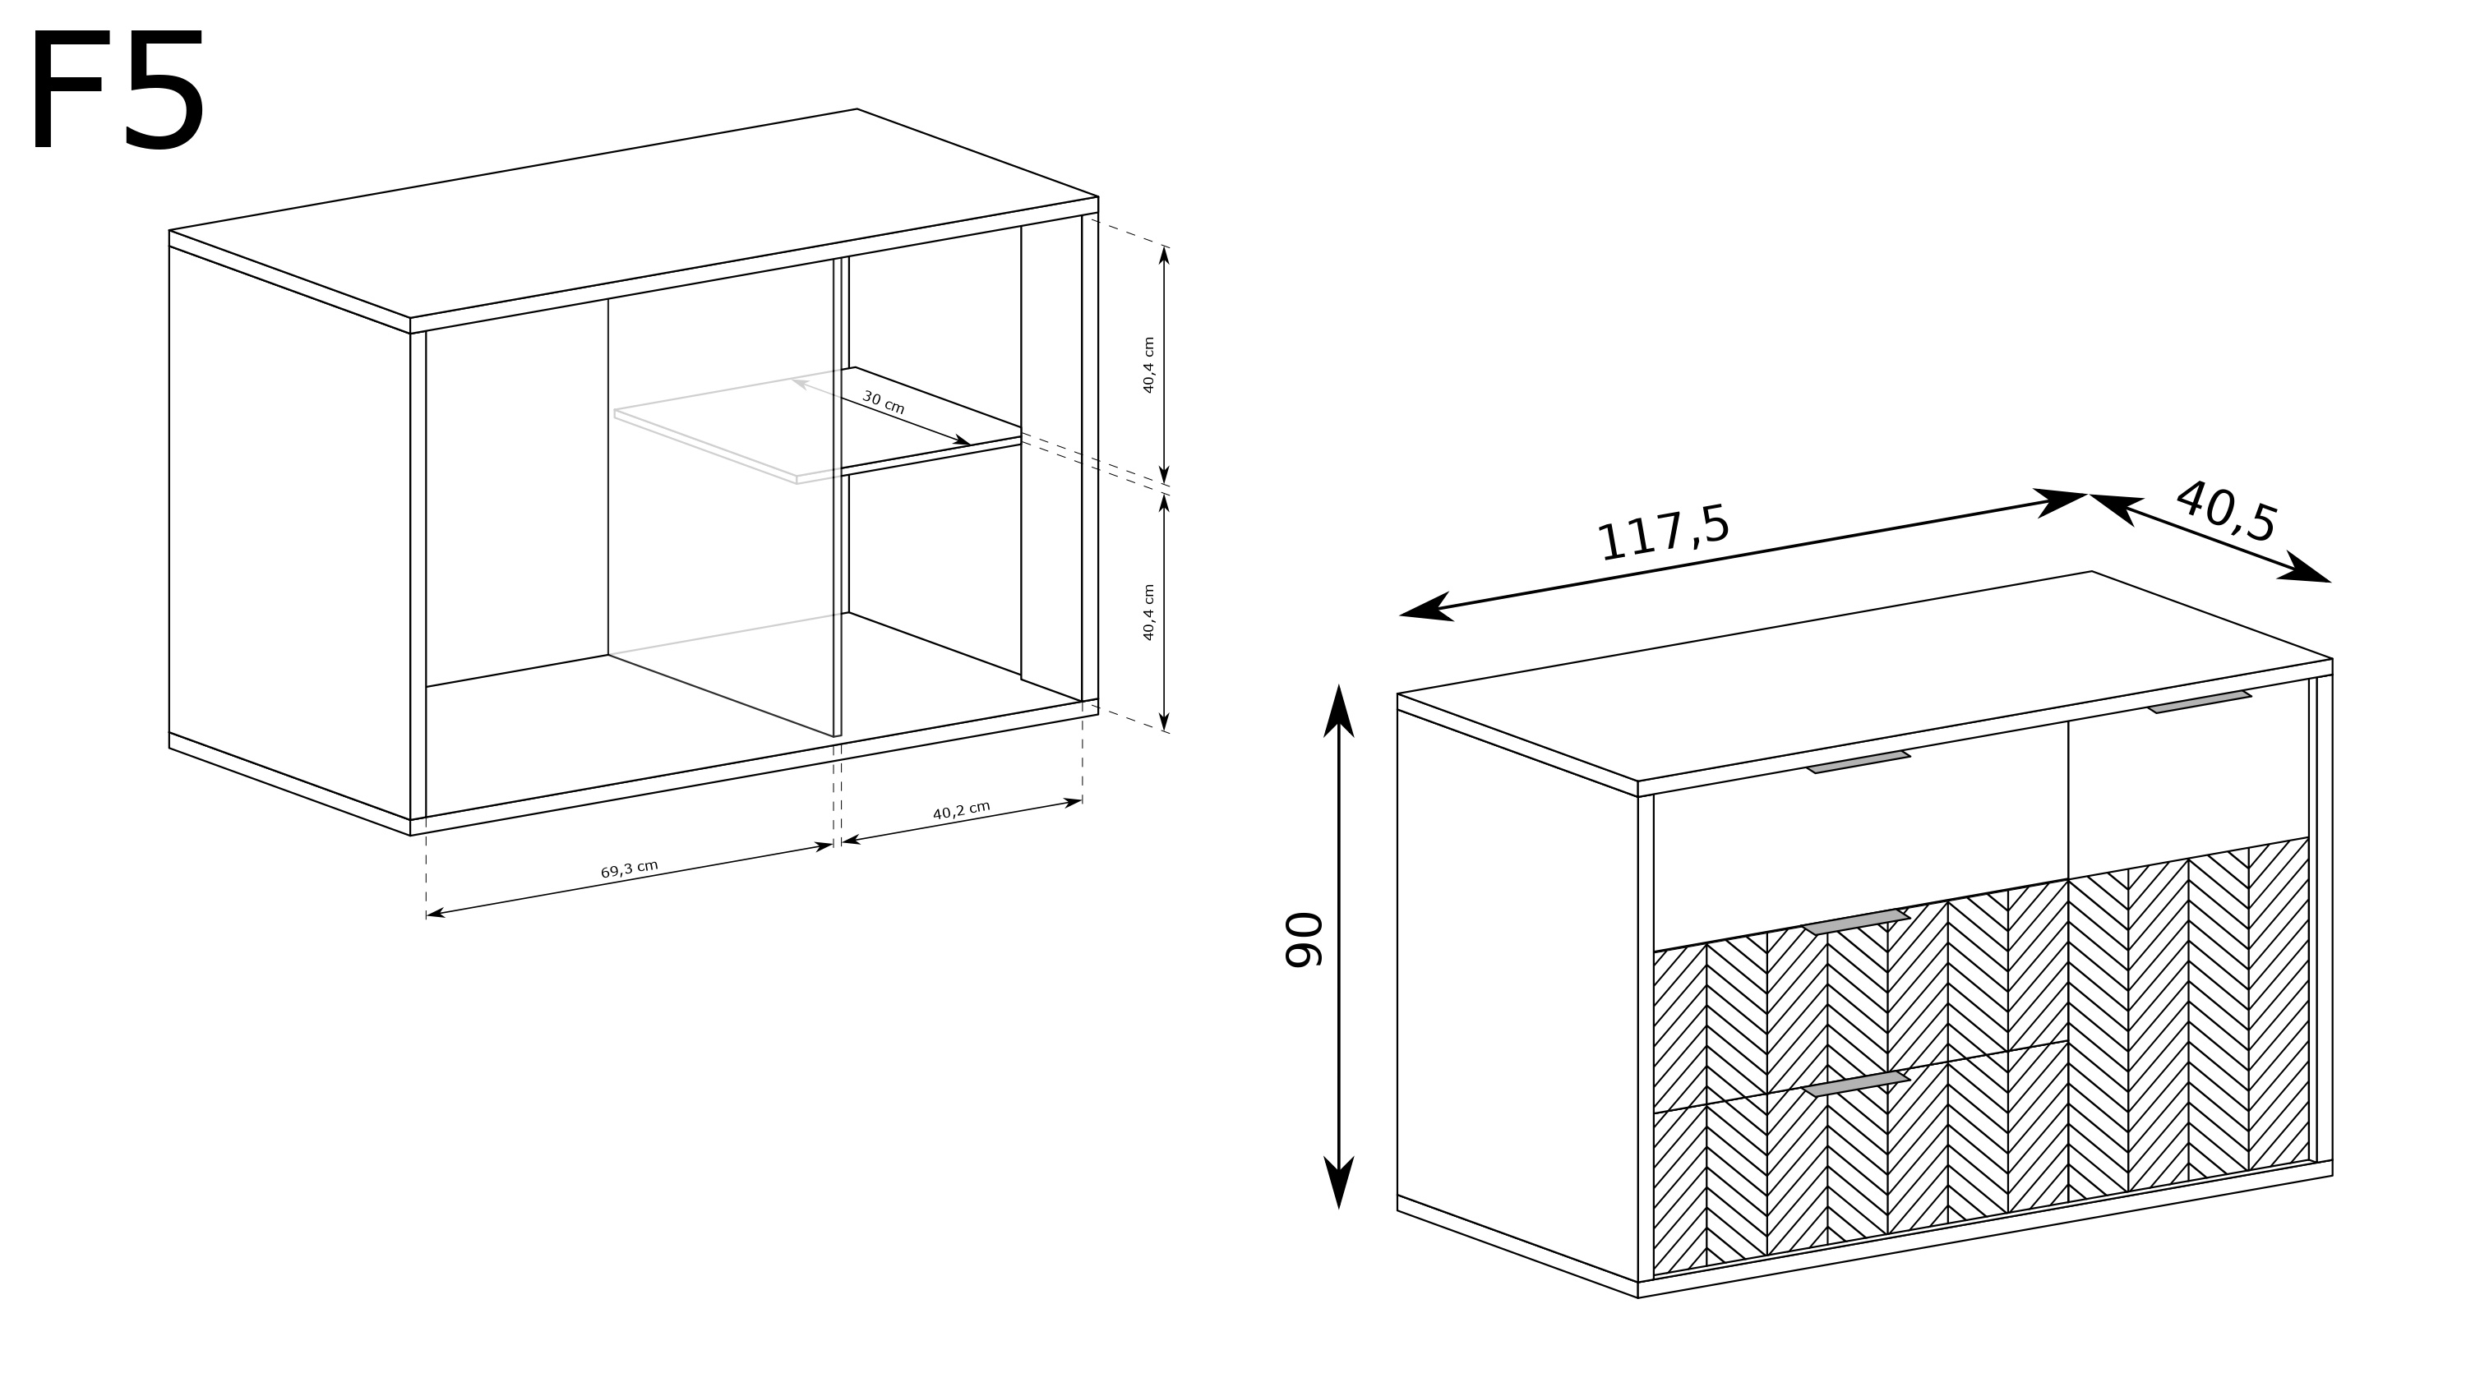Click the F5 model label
(x=118, y=90)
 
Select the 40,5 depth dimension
(x=2227, y=512)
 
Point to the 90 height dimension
(x=1303, y=940)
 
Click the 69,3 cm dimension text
(x=629, y=869)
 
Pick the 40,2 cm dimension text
(x=961, y=810)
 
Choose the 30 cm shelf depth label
(x=883, y=402)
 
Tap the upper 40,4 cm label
(x=1149, y=365)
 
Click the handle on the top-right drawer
(x=2199, y=702)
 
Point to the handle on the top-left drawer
(x=1857, y=762)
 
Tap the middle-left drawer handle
(x=1856, y=923)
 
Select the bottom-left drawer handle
(x=1856, y=1084)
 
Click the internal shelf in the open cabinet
(x=819, y=426)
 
